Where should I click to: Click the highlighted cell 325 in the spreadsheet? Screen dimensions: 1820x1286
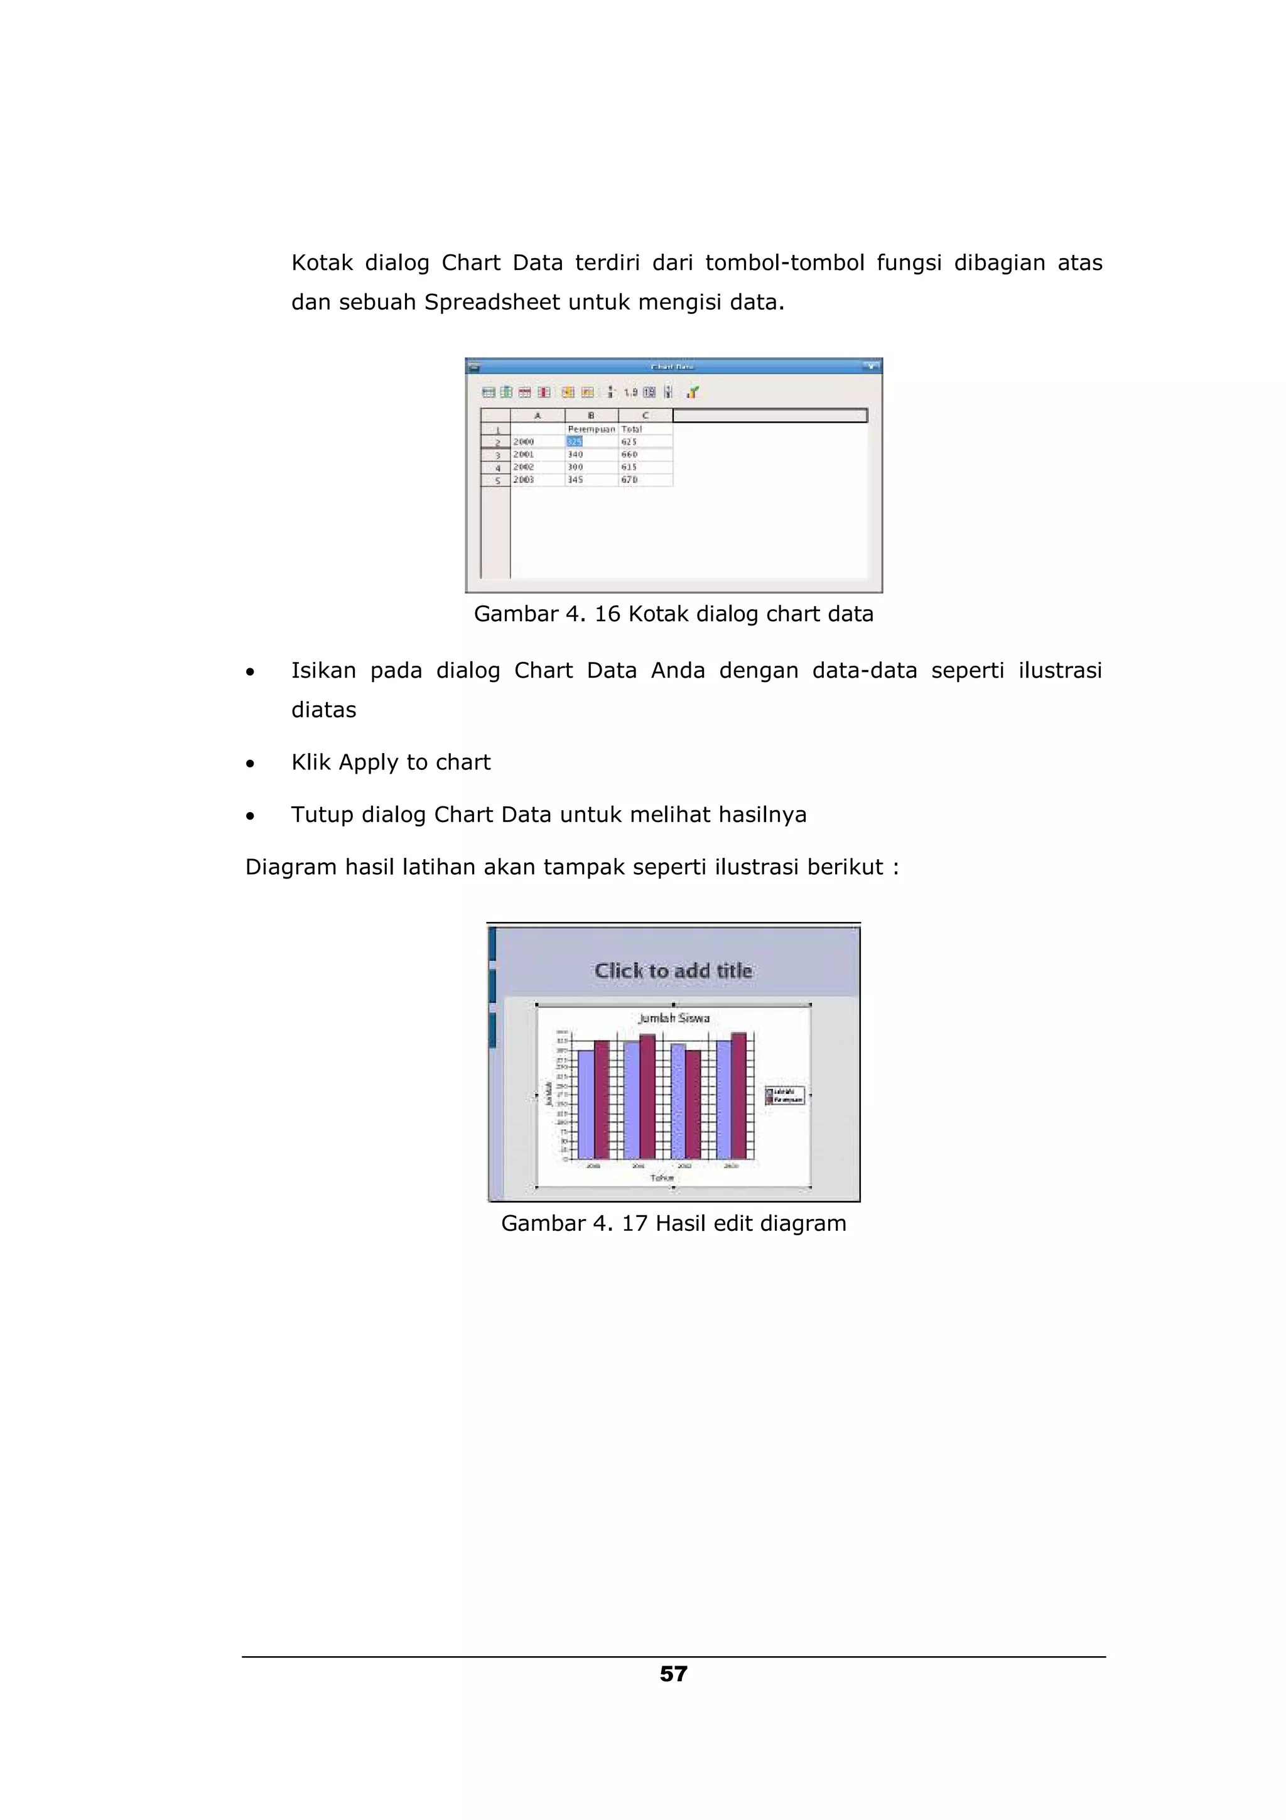coord(575,441)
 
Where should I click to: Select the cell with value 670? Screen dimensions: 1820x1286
coord(630,480)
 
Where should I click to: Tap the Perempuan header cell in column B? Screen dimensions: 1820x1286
coord(591,429)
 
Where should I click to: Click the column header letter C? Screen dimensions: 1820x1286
coord(646,415)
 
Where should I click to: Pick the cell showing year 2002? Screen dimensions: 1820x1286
coord(524,467)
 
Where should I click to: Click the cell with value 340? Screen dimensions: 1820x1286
coord(575,454)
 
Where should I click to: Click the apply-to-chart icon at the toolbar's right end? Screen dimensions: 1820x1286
coord(693,392)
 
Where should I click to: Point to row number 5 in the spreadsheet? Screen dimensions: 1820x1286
coord(497,480)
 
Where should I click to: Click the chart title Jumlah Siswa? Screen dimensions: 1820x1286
coord(674,1018)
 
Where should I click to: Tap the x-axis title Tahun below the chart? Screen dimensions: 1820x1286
coord(662,1178)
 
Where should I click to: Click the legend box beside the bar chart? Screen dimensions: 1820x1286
coord(784,1095)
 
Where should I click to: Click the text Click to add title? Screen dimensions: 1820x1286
coord(674,970)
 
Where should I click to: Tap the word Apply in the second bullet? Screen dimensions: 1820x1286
coord(369,762)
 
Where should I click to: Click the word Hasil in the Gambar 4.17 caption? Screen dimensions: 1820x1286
coord(681,1223)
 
